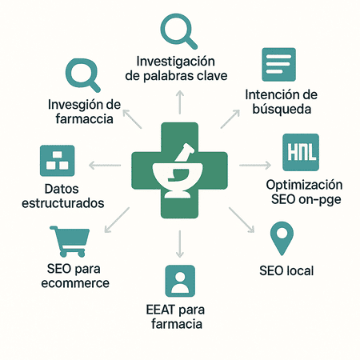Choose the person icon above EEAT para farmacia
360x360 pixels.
tap(180, 281)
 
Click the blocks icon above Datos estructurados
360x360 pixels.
tap(58, 161)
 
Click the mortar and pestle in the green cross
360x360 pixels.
tap(181, 170)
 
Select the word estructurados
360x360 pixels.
tap(63, 203)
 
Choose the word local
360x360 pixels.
tap(300, 270)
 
